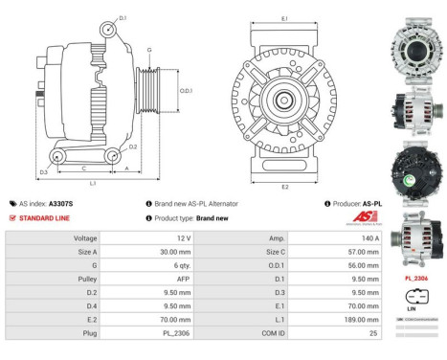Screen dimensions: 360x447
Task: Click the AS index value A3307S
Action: tap(60, 204)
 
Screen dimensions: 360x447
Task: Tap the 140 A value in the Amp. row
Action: tap(370, 236)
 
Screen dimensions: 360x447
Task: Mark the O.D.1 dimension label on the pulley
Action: tap(187, 90)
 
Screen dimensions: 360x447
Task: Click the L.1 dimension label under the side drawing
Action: tap(92, 182)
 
